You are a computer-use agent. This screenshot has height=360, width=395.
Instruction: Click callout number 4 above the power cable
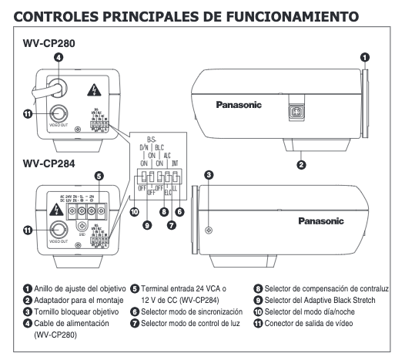pos(59,58)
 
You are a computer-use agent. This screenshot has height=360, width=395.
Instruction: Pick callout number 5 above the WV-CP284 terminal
pos(98,176)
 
